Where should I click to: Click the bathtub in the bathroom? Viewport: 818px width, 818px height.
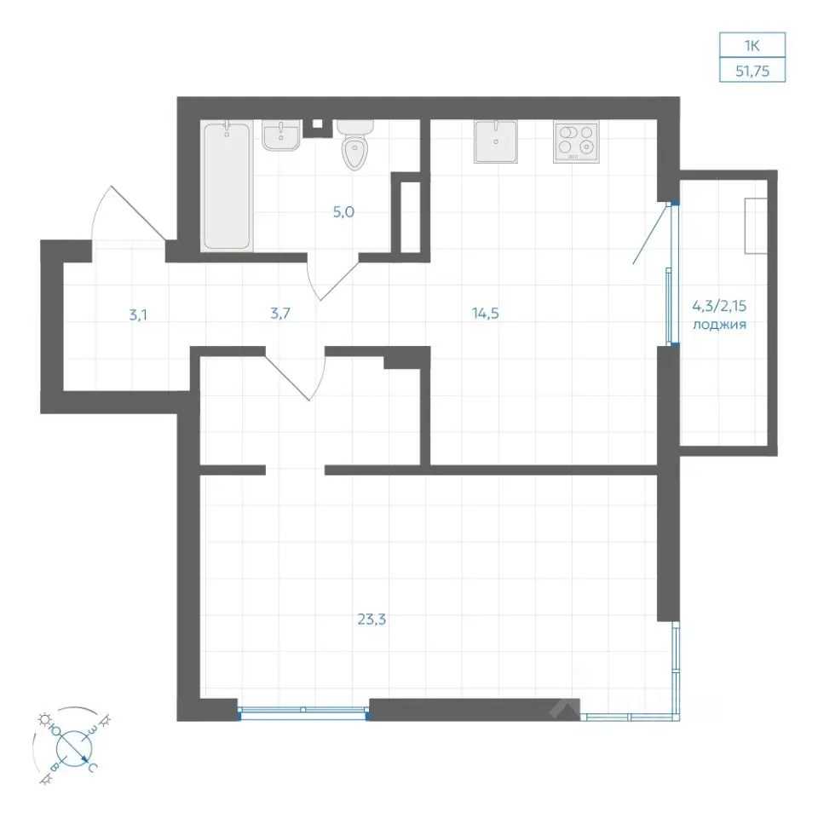tap(227, 186)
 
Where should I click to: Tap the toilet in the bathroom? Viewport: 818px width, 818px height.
tap(354, 145)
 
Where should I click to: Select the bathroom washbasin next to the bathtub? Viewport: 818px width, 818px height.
tap(281, 135)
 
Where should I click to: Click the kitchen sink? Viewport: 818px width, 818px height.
tap(496, 141)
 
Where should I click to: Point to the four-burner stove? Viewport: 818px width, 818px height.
tap(576, 141)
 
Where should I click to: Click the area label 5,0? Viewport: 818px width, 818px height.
tap(343, 212)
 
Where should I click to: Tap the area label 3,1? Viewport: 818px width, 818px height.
tap(138, 314)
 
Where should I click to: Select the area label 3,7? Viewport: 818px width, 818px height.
tap(280, 314)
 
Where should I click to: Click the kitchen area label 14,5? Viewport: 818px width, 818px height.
tap(485, 313)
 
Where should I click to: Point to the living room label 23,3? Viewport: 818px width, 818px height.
tap(372, 619)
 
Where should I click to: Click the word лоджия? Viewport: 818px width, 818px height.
tap(719, 325)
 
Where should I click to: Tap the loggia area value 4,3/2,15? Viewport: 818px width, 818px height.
tap(719, 306)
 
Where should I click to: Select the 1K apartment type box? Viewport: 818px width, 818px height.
tap(752, 45)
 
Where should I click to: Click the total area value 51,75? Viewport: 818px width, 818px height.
tap(752, 71)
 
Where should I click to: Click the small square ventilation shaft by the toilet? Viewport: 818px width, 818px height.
tap(317, 125)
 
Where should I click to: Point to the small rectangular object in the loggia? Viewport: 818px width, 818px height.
tap(756, 226)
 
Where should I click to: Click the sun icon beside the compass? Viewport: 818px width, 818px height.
tap(43, 720)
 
